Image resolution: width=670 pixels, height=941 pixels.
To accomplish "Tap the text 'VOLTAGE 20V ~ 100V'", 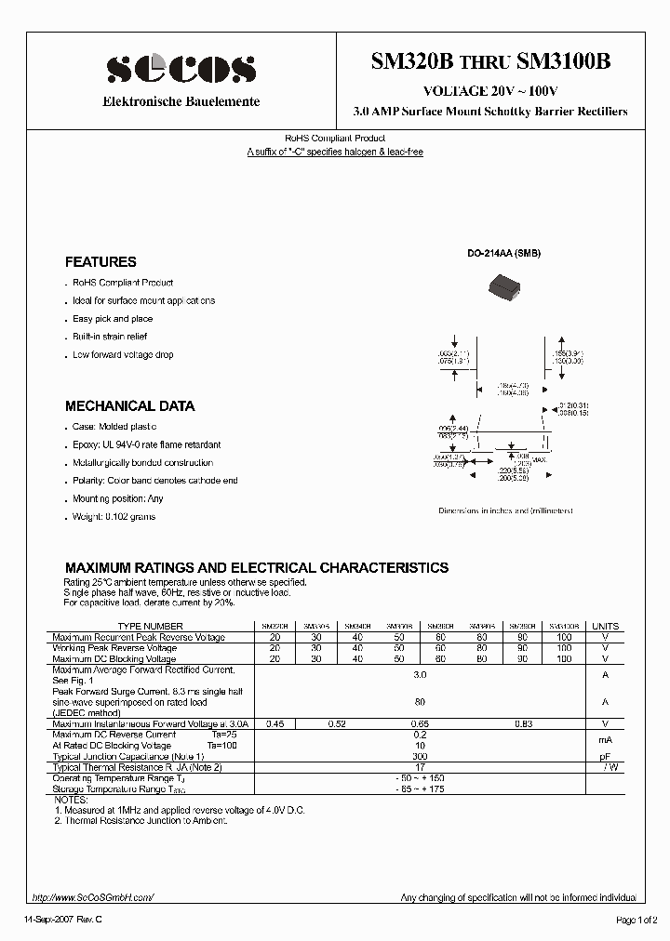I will point(490,90).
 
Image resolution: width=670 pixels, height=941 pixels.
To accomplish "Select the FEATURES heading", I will point(100,262).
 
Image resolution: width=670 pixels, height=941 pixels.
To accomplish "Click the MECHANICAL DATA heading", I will point(129,406).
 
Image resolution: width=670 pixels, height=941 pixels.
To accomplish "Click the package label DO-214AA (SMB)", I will point(503,254).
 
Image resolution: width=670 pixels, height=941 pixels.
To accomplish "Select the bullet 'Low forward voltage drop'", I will point(123,354).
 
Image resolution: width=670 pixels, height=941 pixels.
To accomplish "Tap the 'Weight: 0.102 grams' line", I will point(114,516).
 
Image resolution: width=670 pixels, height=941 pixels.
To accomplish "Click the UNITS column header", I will point(605,626).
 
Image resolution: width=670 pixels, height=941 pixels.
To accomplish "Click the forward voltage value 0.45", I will point(275,723).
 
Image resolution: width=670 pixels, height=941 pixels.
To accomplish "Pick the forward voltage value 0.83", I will point(524,723).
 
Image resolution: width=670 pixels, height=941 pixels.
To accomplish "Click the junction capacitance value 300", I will point(420,757).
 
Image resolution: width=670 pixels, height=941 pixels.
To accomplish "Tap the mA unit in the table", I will point(605,740).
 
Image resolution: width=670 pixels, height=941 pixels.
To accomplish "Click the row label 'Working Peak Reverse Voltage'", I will point(114,647).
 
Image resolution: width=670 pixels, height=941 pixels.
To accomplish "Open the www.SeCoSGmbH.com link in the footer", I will point(92,897).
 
